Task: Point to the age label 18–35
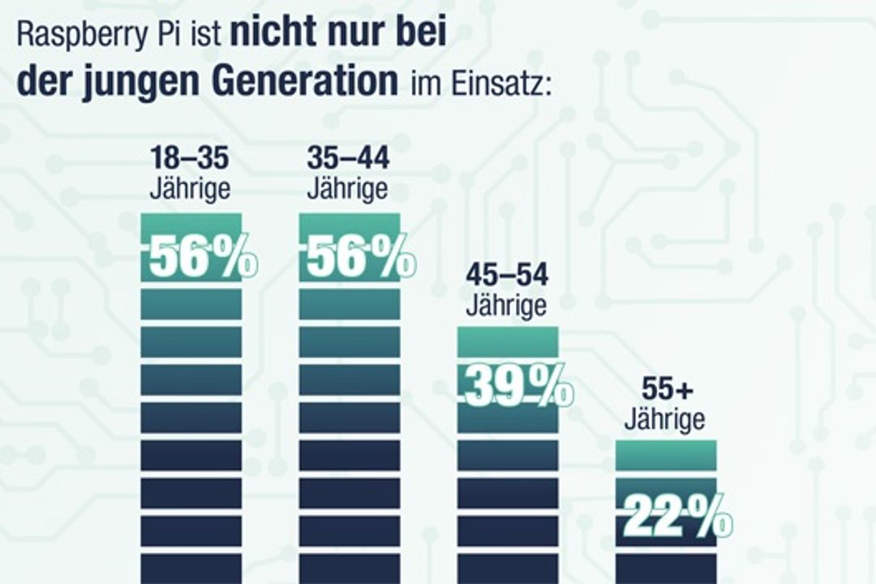(x=190, y=158)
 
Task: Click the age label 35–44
(x=348, y=158)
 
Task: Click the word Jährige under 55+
(x=665, y=419)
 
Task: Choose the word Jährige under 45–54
(x=506, y=305)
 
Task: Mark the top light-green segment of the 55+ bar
(x=666, y=455)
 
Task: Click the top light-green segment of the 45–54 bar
(x=507, y=342)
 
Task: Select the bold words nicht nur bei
(x=338, y=35)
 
